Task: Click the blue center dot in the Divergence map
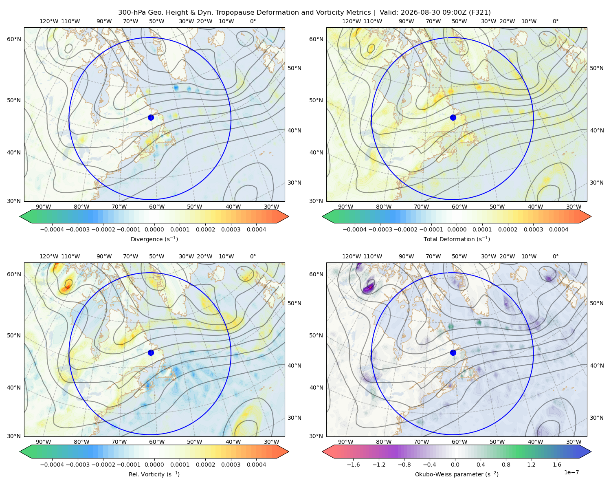(x=151, y=117)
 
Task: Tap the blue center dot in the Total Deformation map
(x=453, y=117)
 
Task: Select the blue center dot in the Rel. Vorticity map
(x=151, y=352)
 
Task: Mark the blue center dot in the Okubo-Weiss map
(x=453, y=352)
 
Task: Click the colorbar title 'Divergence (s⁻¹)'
(x=154, y=239)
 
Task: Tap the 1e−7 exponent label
(x=571, y=472)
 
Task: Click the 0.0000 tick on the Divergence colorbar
(x=154, y=229)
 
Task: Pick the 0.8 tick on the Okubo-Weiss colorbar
(x=506, y=465)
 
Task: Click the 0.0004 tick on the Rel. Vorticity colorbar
(x=256, y=465)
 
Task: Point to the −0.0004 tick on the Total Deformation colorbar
(x=355, y=229)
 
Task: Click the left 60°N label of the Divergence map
(x=14, y=39)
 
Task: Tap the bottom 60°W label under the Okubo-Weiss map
(x=459, y=442)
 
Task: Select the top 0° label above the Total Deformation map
(x=556, y=21)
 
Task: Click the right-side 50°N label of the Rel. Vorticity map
(x=295, y=303)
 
